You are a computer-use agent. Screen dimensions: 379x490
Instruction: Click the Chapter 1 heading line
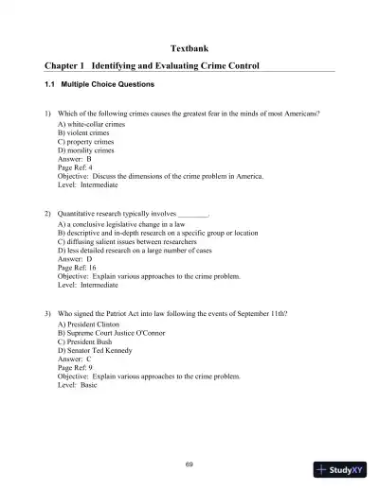click(x=152, y=66)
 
